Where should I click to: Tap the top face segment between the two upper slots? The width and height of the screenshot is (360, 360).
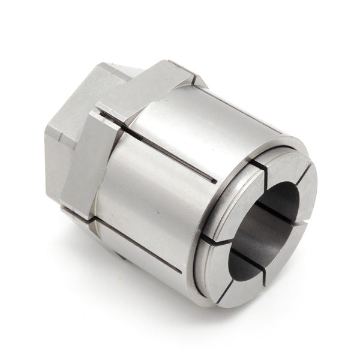tap(284, 164)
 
